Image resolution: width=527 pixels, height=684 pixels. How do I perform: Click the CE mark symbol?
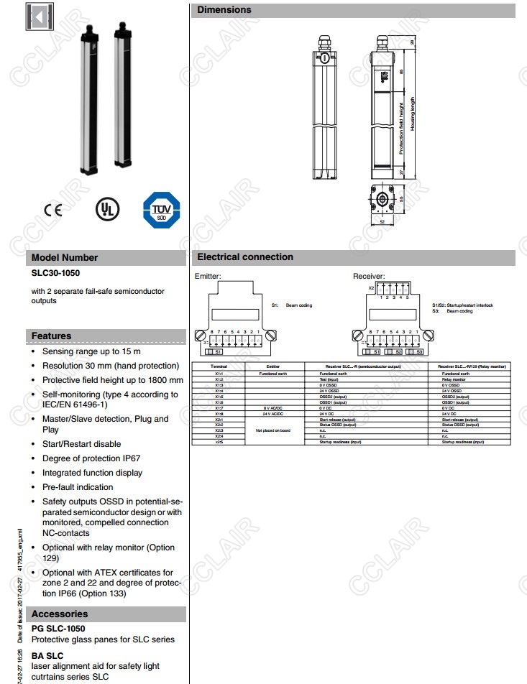click(52, 210)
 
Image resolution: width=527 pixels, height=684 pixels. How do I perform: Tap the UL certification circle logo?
click(107, 209)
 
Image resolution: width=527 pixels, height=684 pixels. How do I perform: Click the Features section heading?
click(51, 336)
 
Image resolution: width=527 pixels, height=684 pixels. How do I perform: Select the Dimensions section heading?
click(224, 10)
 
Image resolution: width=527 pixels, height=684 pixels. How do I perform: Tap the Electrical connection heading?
click(245, 256)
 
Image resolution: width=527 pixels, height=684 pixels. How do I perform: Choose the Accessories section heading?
click(60, 614)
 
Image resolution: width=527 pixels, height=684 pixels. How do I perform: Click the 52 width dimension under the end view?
click(382, 223)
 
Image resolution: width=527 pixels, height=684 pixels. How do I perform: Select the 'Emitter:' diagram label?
click(208, 276)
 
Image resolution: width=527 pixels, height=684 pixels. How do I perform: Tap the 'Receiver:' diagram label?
click(368, 276)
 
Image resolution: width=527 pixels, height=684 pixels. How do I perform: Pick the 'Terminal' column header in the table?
click(218, 366)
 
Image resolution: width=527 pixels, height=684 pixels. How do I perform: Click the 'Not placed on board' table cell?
click(273, 430)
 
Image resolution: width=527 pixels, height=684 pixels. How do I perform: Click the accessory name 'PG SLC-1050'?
click(58, 628)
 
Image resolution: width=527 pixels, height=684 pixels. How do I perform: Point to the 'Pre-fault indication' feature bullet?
click(78, 487)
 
